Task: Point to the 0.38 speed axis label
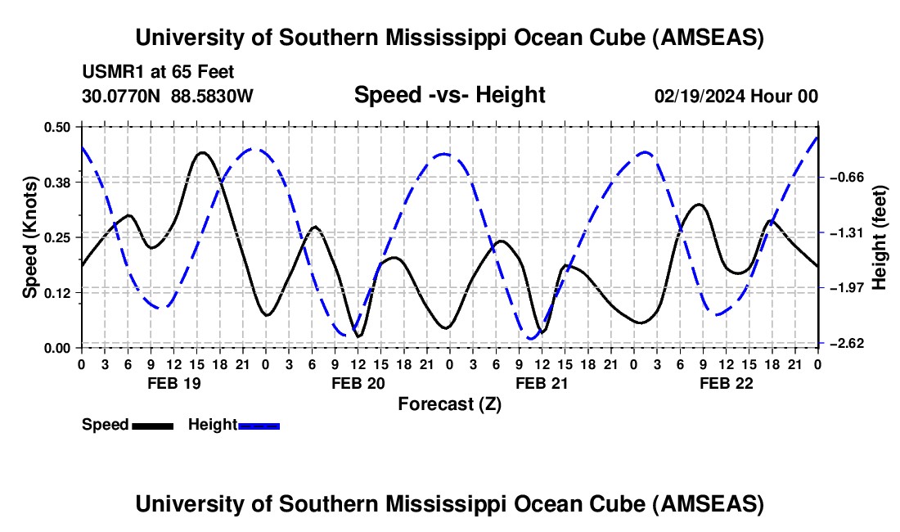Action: point(57,182)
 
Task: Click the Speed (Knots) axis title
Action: point(29,237)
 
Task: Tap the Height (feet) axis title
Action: point(880,237)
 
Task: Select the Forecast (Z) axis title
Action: point(449,404)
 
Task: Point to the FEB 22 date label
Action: point(725,383)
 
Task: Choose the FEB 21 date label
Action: point(541,383)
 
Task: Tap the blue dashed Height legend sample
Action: point(259,425)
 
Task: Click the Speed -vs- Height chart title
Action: point(449,95)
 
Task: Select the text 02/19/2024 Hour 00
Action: point(736,96)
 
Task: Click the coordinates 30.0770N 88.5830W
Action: point(168,96)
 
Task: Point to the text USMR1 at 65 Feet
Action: point(158,72)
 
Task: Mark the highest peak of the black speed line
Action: point(202,152)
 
